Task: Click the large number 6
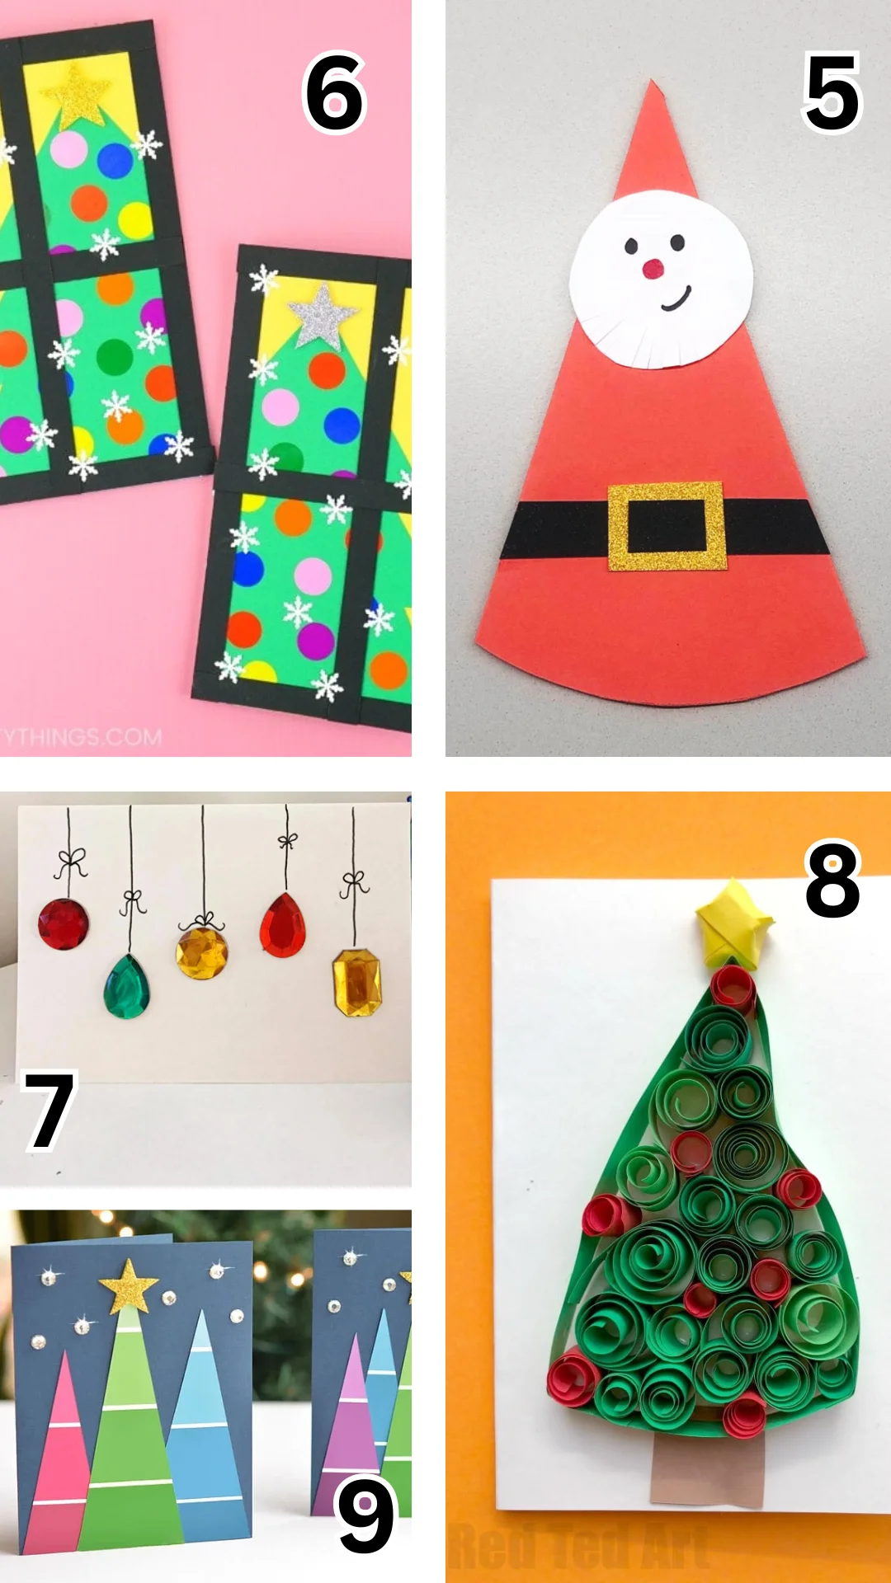coord(334,92)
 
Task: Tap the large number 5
coord(832,92)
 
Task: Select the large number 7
coord(49,1111)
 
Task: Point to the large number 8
coord(832,881)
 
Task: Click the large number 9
coord(365,1515)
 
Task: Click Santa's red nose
coord(653,268)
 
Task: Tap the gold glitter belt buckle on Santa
coord(667,526)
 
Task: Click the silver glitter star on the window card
coord(322,316)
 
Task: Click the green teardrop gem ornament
coord(127,986)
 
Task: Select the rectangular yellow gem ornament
coord(357,983)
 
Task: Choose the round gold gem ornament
coord(201,952)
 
